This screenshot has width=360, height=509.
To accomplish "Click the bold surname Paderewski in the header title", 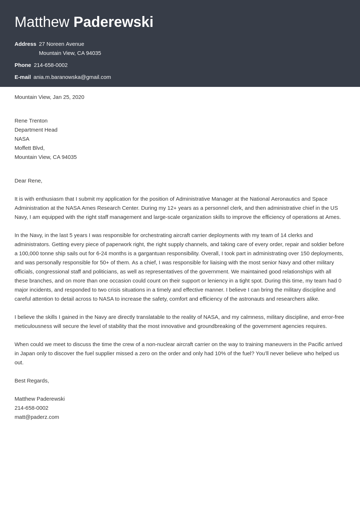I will (x=113, y=22).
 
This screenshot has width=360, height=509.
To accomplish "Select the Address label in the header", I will (x=25, y=44).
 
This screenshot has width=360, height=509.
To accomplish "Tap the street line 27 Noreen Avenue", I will (x=61, y=44).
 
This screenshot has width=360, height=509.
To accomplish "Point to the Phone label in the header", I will (x=23, y=65).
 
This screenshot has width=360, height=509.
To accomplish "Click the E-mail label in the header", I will (x=23, y=77).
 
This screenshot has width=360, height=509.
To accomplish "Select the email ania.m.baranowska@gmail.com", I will (x=72, y=77).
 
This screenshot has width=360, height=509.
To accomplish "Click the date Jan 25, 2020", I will (x=68, y=97).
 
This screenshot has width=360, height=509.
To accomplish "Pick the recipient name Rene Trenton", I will (x=31, y=121).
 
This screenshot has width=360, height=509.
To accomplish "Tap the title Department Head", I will (x=36, y=130).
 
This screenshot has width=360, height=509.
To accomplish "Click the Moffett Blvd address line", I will (x=29, y=148).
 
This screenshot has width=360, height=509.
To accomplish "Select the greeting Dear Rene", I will (x=28, y=181).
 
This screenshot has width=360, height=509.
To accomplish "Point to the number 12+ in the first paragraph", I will (x=172, y=208).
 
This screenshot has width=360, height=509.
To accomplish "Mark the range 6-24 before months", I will (x=104, y=253).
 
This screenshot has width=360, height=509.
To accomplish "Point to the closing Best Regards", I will (x=32, y=381).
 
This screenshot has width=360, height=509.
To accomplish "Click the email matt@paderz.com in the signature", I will (x=37, y=417).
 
